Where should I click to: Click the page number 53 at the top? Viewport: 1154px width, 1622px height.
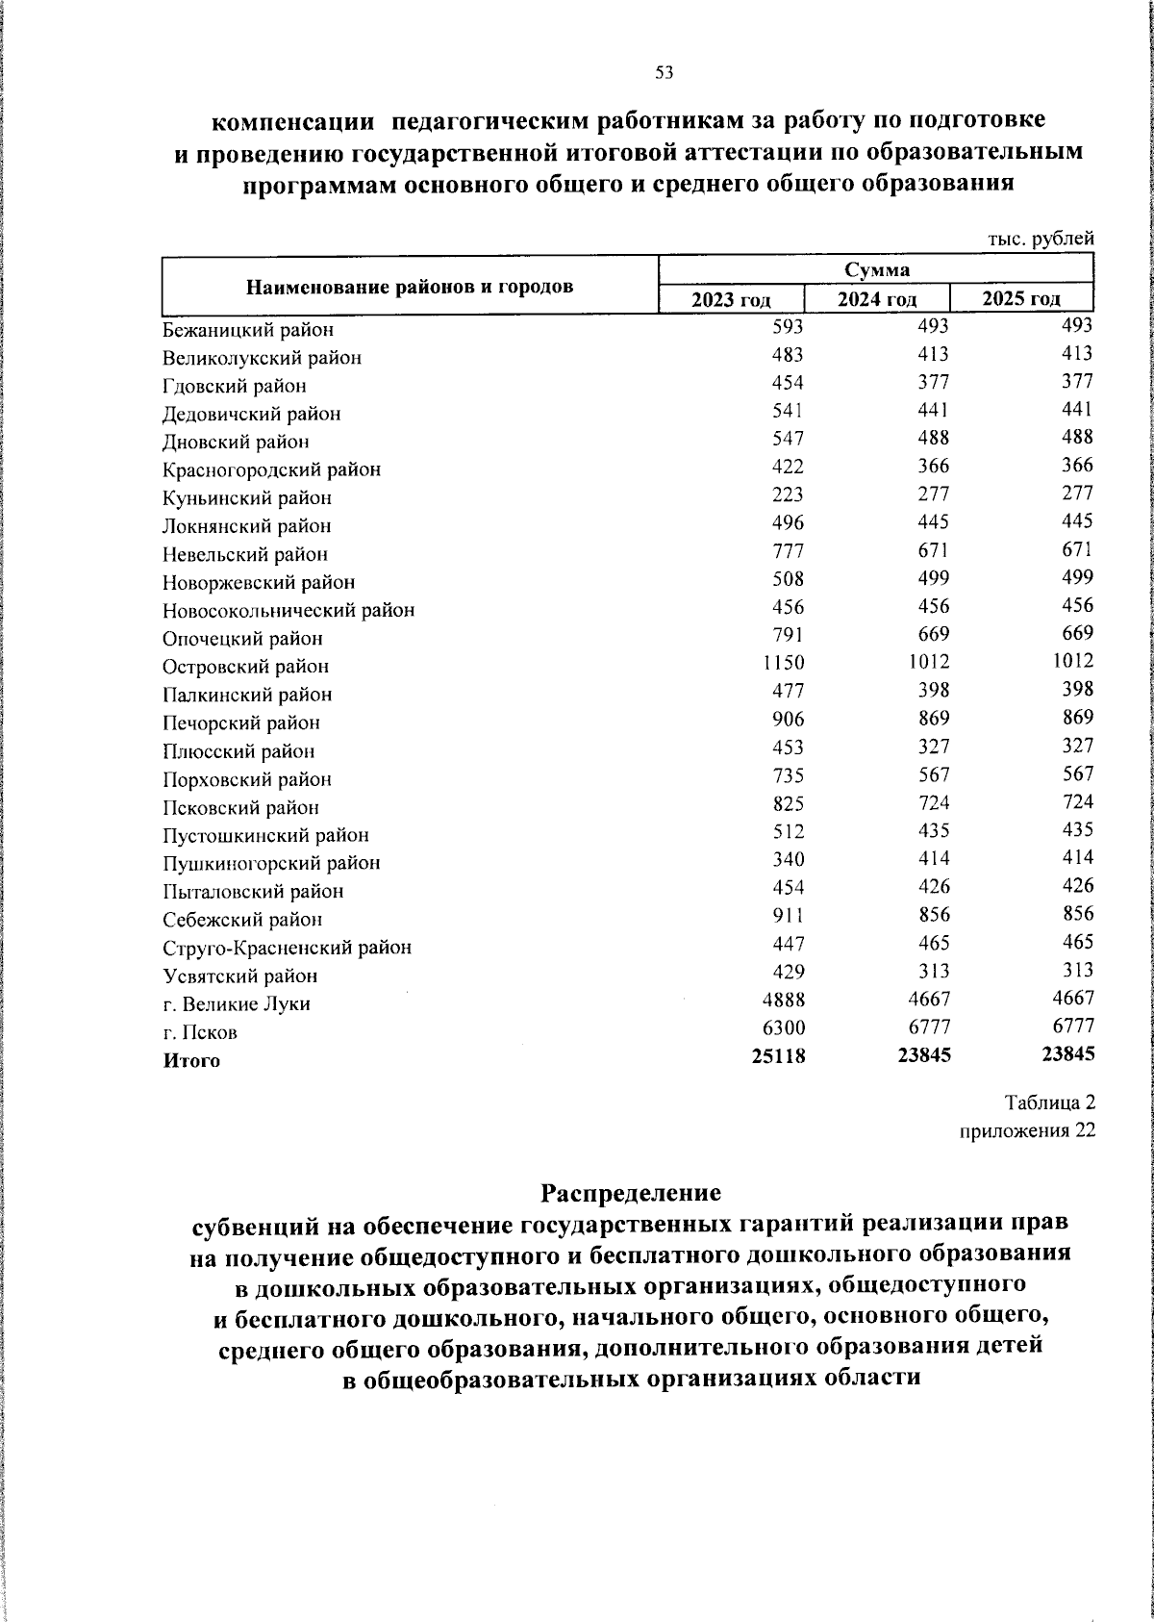point(664,72)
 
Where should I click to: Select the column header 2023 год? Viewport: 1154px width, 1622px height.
point(731,299)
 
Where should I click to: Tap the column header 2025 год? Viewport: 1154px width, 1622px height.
point(1021,298)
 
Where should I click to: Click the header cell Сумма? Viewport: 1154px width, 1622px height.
point(876,269)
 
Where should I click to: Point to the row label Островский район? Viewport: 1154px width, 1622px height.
point(245,667)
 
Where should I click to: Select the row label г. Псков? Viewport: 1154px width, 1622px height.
point(200,1032)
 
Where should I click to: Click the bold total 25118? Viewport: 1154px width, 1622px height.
point(779,1056)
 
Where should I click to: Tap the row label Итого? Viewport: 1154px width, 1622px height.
point(191,1061)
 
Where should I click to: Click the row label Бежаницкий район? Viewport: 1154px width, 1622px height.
point(248,330)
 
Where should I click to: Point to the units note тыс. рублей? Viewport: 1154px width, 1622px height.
point(1042,238)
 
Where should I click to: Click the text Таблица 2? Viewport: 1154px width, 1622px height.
point(1050,1102)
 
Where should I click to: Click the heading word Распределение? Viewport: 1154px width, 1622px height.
point(630,1193)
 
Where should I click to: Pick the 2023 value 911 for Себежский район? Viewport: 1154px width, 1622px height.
point(788,915)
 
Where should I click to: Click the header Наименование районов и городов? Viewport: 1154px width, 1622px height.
point(410,287)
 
